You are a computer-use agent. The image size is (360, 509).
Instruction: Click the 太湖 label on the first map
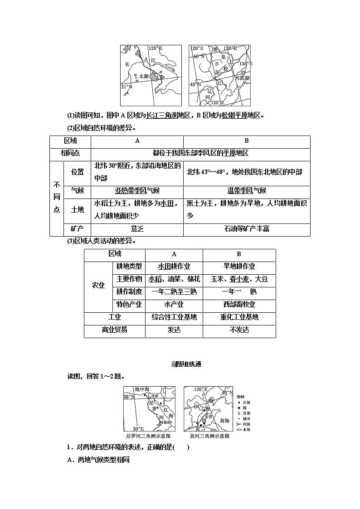tap(143, 76)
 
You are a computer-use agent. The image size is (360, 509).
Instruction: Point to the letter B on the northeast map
tap(216, 64)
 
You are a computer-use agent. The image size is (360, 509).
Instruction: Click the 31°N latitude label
tap(126, 86)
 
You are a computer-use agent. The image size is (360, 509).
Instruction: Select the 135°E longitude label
tap(245, 64)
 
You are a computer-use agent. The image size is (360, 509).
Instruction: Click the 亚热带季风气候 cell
tap(137, 190)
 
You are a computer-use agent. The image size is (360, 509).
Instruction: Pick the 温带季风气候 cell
tap(247, 190)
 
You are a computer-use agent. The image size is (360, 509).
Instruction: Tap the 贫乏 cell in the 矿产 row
tap(137, 229)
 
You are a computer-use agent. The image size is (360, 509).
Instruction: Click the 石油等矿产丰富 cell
tap(247, 229)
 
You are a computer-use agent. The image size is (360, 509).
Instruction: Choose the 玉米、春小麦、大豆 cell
tap(239, 279)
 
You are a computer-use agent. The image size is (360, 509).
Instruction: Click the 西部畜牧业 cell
tap(239, 304)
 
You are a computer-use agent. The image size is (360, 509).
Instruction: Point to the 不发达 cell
tap(239, 330)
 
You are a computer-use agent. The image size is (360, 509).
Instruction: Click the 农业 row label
tap(98, 285)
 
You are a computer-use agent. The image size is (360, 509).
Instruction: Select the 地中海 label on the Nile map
tap(142, 389)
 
